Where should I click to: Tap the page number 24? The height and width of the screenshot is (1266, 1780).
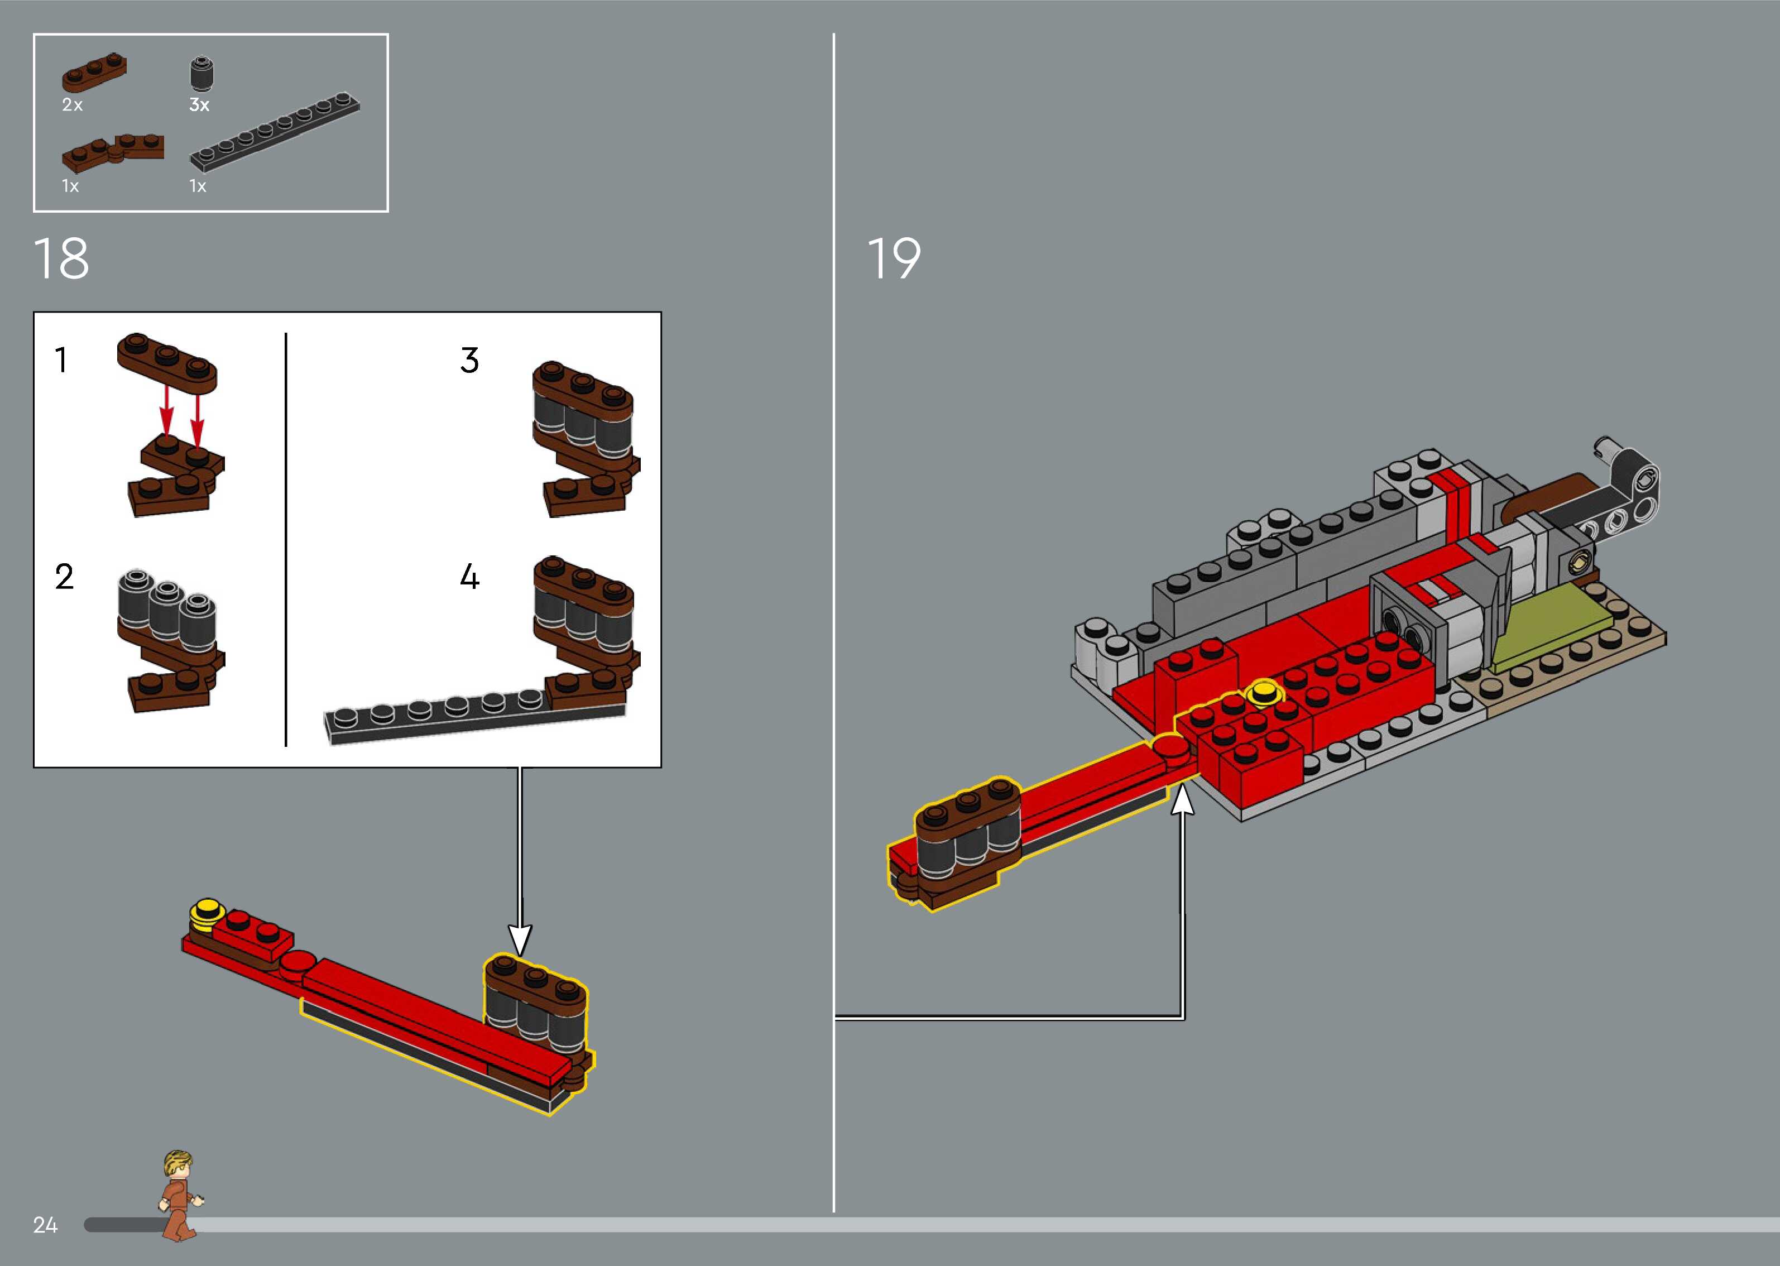pos(45,1225)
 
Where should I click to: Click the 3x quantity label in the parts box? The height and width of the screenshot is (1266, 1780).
pos(199,104)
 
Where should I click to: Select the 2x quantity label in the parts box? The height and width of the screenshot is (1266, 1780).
pos(71,104)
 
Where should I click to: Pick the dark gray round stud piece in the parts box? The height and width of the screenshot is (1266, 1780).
pos(203,74)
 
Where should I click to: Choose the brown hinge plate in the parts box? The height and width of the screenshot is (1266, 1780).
pos(113,151)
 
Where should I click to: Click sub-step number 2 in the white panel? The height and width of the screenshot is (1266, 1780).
pos(64,577)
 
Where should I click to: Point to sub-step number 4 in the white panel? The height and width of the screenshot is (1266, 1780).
pos(469,577)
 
